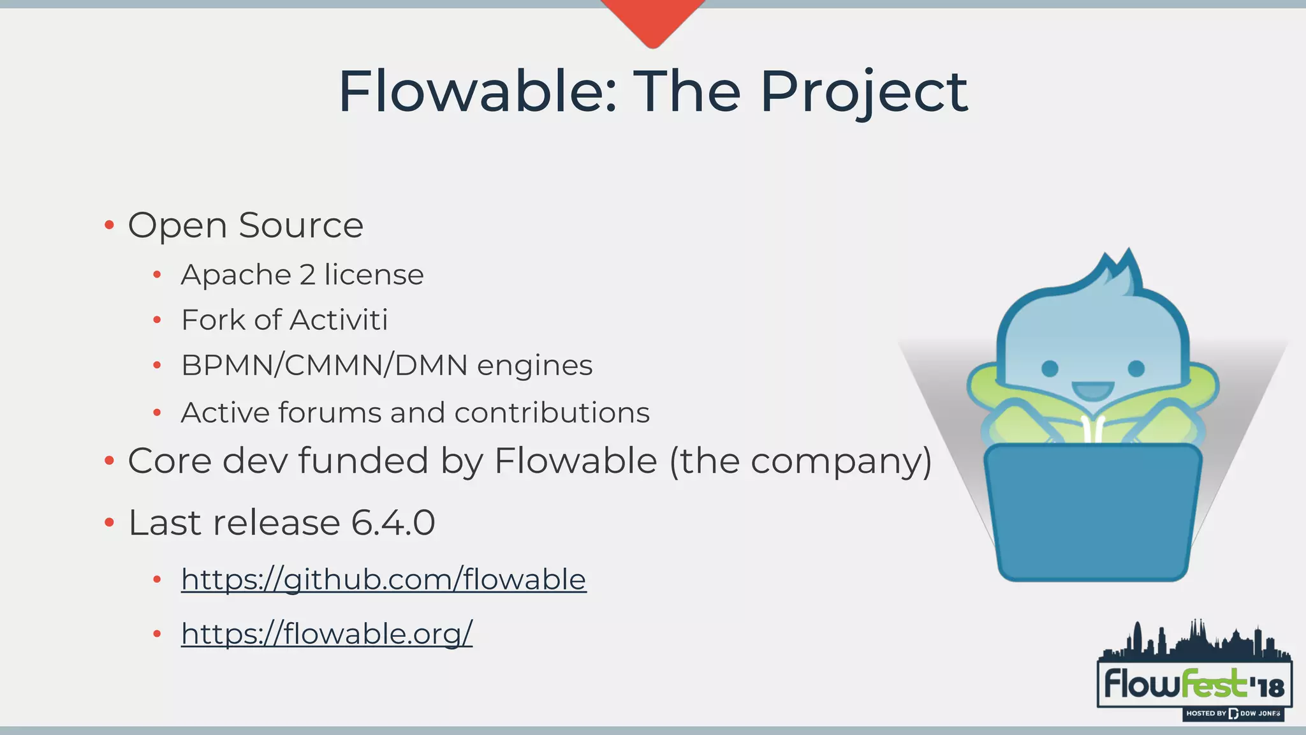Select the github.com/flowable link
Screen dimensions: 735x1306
383,579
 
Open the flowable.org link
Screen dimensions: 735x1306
326,634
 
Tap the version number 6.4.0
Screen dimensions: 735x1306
393,523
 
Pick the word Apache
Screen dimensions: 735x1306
237,275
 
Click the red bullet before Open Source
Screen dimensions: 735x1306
109,225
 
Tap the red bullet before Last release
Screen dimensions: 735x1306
109,523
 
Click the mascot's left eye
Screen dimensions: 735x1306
1050,368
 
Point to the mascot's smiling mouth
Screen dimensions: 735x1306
1093,390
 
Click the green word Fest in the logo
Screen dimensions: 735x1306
1213,684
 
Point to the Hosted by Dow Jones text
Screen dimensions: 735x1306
1233,713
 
